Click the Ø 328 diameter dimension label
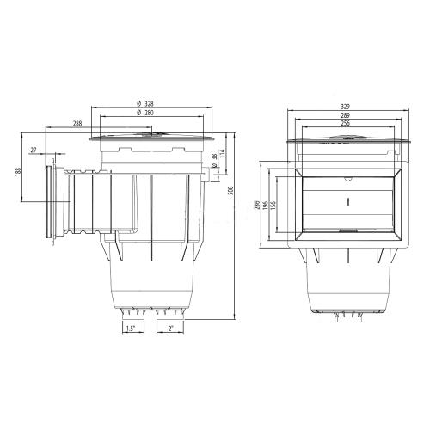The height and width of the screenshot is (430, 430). coord(145,103)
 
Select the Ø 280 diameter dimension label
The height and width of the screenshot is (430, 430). coord(145,113)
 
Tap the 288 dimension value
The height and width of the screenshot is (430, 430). coord(77,123)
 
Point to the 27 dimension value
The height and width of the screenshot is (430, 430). coord(34,150)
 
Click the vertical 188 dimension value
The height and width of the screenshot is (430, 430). coord(18,172)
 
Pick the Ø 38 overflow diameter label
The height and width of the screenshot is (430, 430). coord(213,161)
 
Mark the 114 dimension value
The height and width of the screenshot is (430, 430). coord(222,154)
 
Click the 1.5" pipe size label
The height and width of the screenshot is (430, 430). coord(131,329)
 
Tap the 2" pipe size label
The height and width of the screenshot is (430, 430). coord(171,329)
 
